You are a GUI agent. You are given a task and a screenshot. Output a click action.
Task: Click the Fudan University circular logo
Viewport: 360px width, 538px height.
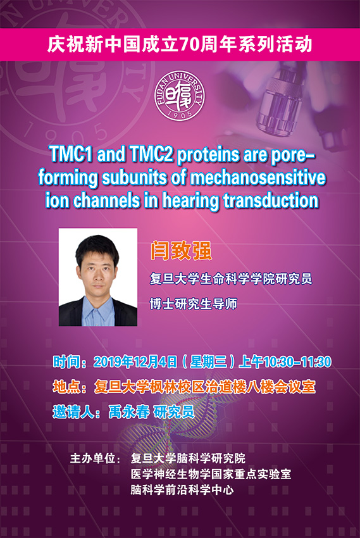pyautogui.click(x=179, y=96)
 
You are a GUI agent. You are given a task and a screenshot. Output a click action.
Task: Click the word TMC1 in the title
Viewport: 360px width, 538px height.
pyautogui.click(x=71, y=154)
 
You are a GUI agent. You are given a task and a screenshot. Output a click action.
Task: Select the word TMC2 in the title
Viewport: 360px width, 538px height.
pyautogui.click(x=151, y=154)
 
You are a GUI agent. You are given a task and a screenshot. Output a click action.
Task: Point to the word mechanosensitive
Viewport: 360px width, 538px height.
pyautogui.click(x=258, y=177)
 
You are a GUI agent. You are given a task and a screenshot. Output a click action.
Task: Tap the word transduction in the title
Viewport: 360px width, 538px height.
pyautogui.click(x=271, y=201)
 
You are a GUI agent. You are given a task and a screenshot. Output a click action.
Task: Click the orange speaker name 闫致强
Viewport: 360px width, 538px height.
pyautogui.click(x=180, y=251)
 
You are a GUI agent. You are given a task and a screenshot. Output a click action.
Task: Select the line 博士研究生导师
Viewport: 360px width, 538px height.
pyautogui.click(x=194, y=304)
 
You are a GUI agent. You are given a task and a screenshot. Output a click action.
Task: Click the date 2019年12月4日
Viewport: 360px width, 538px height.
pyautogui.click(x=135, y=362)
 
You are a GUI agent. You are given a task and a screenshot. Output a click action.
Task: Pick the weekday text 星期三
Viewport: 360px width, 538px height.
pyautogui.click(x=208, y=362)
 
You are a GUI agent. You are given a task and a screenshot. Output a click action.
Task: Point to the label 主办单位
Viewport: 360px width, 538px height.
pyautogui.click(x=92, y=458)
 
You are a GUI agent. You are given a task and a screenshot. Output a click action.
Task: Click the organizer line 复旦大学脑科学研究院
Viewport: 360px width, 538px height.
pyautogui.click(x=188, y=458)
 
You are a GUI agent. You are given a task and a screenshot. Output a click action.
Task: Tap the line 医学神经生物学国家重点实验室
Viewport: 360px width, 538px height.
pyautogui.click(x=211, y=474)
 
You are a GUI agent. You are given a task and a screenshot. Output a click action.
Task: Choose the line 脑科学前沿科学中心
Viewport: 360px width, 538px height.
pyautogui.click(x=182, y=490)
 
